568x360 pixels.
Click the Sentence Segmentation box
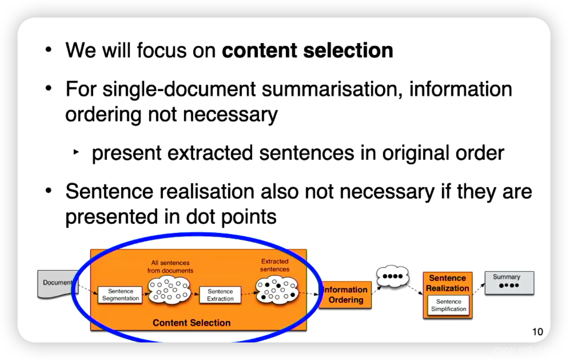121,295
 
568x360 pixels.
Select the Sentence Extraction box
220,295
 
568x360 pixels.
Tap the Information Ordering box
345,295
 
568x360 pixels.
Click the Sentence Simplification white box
448,305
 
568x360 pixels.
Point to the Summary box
509,283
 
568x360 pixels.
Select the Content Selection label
191,322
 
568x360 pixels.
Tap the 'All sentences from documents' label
170,266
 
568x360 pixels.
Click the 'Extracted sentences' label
275,265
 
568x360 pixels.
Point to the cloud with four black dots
392,276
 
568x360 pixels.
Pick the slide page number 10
537,332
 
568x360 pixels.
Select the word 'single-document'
179,89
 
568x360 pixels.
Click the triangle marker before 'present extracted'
76,152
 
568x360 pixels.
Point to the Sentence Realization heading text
447,283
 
